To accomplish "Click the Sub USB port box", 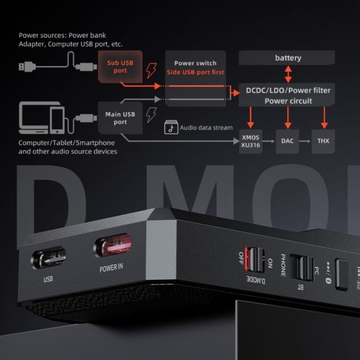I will (x=120, y=67).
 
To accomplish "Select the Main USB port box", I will (x=120, y=118).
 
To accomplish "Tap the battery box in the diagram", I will (x=288, y=58).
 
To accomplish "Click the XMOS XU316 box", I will (x=250, y=141).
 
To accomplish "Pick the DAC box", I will (x=287, y=141).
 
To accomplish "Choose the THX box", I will (x=323, y=141).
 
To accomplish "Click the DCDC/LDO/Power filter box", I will (x=288, y=95).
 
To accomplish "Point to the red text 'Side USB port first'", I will (x=195, y=72).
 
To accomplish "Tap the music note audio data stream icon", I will (x=171, y=128).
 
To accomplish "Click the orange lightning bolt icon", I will (x=151, y=70).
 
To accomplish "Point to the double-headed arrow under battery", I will (x=288, y=73).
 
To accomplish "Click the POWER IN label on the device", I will (x=111, y=267).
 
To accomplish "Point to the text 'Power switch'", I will (x=195, y=63).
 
